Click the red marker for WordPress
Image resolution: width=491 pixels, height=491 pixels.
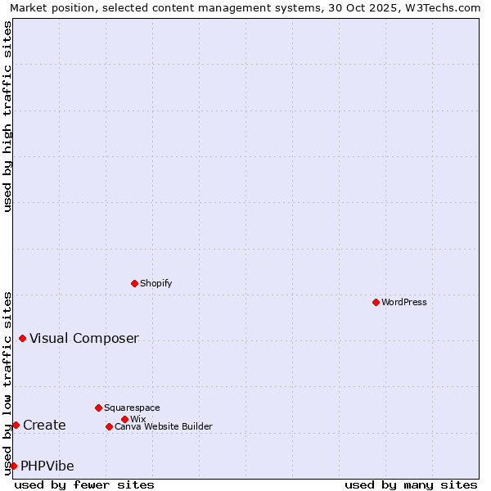(376, 302)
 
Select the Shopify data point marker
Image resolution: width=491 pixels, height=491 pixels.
(134, 283)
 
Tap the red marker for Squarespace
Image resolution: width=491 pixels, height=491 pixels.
(98, 408)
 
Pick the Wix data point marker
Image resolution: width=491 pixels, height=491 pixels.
(124, 419)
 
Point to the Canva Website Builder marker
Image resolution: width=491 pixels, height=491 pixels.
(109, 426)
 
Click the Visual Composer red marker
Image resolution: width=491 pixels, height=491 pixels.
(22, 338)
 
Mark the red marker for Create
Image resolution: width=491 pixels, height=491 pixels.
(16, 425)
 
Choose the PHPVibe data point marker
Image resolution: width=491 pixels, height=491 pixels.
(13, 466)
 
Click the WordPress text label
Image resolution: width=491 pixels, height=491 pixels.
(404, 302)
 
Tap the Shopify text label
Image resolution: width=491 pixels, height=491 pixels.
(156, 283)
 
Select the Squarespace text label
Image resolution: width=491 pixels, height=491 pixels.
(132, 408)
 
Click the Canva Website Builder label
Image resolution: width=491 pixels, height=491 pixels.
(164, 426)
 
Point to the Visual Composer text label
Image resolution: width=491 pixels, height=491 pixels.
(84, 338)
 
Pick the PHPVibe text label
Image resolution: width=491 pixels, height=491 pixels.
(47, 466)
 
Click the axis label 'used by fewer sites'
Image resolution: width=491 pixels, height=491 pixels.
(84, 484)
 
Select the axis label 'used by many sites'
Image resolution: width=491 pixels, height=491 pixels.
(411, 484)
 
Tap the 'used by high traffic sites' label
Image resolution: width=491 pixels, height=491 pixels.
(7, 116)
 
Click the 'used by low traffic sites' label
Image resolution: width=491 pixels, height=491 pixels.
(7, 382)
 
